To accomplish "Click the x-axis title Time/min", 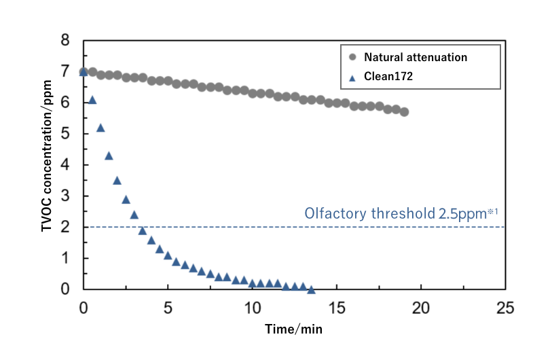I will [293, 329].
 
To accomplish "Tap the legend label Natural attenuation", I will [416, 58].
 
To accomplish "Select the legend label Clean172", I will [388, 77].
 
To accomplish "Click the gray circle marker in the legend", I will [352, 58].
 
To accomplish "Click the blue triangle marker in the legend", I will [352, 77].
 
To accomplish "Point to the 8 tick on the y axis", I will [65, 41].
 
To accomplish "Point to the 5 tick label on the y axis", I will [65, 134].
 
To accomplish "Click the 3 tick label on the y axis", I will [65, 196].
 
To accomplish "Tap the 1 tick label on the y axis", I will [65, 258].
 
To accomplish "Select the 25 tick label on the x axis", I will [505, 307].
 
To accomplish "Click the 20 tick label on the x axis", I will [421, 307].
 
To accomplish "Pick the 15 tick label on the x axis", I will [336, 307].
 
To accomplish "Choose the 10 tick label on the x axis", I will [252, 307].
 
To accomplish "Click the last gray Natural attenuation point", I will [404, 112].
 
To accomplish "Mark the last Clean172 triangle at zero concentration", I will [311, 289].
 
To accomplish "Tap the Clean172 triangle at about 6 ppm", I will [92, 101].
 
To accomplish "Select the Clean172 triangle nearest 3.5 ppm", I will [117, 181].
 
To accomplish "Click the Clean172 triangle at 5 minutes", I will [168, 255].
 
